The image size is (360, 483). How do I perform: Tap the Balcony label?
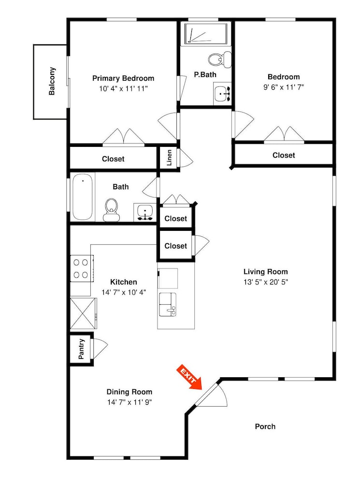click(52, 81)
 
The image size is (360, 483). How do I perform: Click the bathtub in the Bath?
click(82, 197)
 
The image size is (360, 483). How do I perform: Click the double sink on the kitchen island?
click(168, 304)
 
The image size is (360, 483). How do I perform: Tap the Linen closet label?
click(169, 158)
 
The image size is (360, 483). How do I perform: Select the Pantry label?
click(81, 349)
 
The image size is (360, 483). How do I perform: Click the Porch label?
click(265, 426)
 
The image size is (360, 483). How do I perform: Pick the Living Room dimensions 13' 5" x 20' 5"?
click(265, 282)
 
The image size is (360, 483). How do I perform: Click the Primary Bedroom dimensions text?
click(123, 89)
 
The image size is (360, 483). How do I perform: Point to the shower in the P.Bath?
click(206, 34)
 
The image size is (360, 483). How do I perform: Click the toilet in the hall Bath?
click(111, 210)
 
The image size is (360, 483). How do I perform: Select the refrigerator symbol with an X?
click(83, 313)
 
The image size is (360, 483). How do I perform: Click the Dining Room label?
click(130, 392)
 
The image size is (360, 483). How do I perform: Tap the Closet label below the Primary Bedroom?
click(113, 159)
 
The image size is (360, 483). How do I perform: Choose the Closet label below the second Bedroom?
click(284, 155)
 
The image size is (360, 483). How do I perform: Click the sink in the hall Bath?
click(145, 213)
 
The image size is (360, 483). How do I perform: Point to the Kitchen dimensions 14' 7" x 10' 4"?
click(124, 292)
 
